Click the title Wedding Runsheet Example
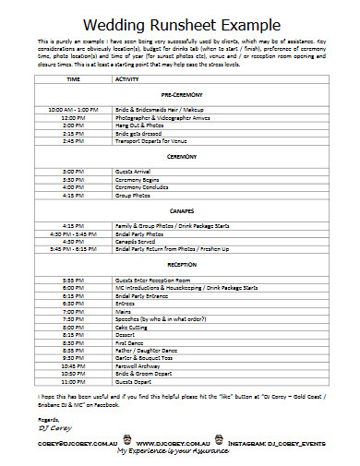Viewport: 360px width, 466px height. (x=180, y=23)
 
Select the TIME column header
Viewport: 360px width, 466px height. (x=73, y=79)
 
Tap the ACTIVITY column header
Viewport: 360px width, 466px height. (x=126, y=79)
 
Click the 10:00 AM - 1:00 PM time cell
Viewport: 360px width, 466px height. (x=73, y=110)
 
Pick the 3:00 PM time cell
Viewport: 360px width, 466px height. (x=73, y=172)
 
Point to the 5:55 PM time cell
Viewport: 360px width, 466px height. (x=73, y=279)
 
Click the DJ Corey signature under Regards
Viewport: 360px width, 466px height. (x=54, y=429)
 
